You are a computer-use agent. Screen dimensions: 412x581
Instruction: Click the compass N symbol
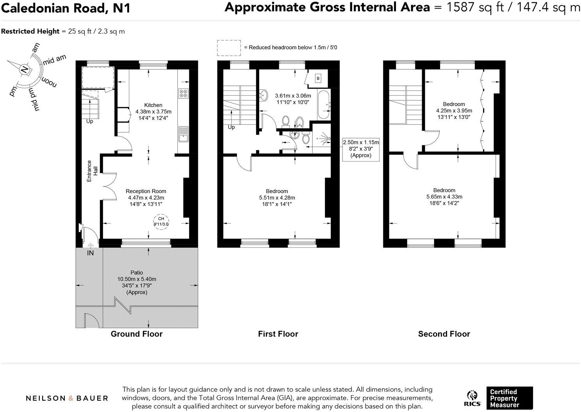point(24,70)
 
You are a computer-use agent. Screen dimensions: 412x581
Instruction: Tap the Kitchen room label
point(153,105)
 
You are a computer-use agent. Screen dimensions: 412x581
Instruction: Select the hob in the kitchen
point(183,93)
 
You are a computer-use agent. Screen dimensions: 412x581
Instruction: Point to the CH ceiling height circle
point(161,221)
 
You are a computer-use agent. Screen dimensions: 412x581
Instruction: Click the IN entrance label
point(90,253)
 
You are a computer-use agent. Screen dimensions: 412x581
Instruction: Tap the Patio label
point(137,272)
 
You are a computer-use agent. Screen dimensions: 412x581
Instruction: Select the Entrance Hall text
point(92,171)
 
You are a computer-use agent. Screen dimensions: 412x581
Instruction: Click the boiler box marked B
point(318,79)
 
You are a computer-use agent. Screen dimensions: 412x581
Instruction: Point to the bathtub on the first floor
point(324,105)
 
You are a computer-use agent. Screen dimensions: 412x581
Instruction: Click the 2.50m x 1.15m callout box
point(361,149)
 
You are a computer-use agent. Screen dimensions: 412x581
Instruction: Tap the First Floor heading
point(278,334)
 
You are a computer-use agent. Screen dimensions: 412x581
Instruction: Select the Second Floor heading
point(444,334)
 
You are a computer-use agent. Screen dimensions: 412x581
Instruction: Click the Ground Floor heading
point(137,334)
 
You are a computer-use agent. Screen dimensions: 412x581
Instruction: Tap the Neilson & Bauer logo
point(67,398)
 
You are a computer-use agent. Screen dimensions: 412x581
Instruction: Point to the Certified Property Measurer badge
point(509,398)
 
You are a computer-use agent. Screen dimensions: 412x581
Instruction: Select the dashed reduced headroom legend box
point(229,47)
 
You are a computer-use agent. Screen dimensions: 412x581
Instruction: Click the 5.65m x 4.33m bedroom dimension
point(444,197)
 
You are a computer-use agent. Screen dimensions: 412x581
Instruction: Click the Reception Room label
point(146,191)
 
